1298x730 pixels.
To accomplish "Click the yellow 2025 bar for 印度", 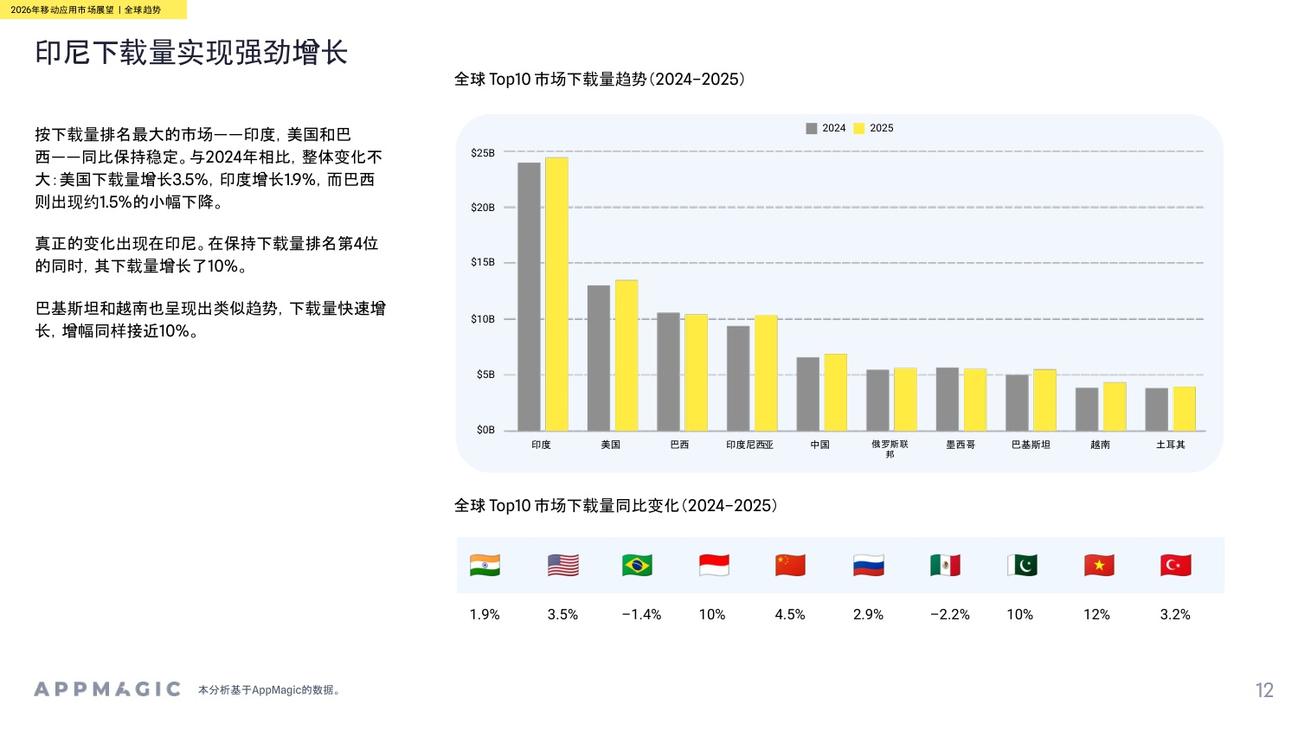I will pos(556,294).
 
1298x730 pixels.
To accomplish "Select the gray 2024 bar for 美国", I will pos(598,358).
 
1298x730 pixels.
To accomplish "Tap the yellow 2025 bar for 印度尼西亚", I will pos(766,373).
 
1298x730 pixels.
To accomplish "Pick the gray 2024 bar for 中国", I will pos(807,394).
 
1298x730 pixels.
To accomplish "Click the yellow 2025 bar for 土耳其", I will pos(1184,408).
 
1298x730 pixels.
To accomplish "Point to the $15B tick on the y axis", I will pos(483,263).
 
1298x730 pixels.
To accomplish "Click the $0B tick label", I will pos(485,430).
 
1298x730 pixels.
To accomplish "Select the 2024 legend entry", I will pos(826,128).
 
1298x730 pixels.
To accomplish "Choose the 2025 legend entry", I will pos(874,128).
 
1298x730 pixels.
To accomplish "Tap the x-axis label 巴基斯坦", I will pos(1031,445).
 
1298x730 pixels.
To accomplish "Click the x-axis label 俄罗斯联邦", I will pos(890,449).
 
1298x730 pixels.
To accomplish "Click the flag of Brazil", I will pos(637,566).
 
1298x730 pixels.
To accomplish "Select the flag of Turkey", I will pos(1175,566).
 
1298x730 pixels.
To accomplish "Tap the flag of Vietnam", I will pos(1099,566).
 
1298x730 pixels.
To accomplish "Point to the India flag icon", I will pos(485,566).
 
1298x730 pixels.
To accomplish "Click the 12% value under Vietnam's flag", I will pos(1096,615).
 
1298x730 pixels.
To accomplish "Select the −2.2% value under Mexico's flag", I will pos(949,615).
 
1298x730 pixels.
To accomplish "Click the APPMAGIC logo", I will pos(107,689).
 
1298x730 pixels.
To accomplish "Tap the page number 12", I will pos(1264,690).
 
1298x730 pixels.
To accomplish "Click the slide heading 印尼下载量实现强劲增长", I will pos(191,53).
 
